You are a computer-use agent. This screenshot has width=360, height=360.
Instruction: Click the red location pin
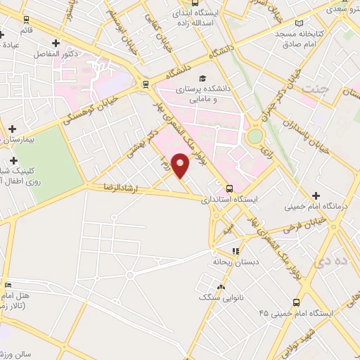[181, 166]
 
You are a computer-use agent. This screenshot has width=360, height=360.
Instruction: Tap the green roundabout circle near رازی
[255, 135]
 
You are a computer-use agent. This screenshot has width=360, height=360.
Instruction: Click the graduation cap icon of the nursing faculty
[202, 79]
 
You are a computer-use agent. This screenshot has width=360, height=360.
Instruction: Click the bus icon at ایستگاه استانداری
[230, 188]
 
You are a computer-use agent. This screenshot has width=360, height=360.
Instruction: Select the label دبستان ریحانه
[229, 262]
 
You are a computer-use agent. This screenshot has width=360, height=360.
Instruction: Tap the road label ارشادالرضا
[124, 188]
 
